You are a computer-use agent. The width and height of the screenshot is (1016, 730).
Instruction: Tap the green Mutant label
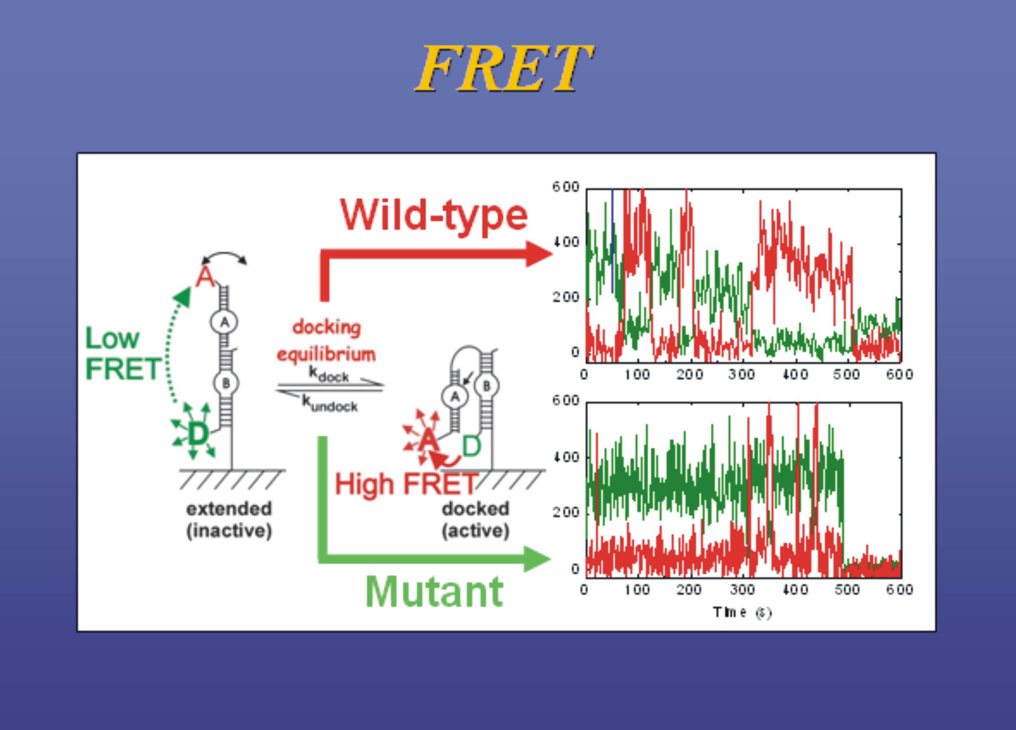click(434, 592)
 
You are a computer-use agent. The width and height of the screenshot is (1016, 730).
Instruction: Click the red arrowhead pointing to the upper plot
click(539, 254)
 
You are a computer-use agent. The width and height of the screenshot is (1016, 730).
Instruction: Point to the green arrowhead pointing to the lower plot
click(537, 559)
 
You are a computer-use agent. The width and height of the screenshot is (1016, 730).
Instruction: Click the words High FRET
click(406, 484)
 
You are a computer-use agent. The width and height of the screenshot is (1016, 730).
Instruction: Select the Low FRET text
click(122, 353)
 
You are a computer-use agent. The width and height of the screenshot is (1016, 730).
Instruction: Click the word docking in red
click(326, 327)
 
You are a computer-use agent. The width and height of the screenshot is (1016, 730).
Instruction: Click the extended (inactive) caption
click(229, 520)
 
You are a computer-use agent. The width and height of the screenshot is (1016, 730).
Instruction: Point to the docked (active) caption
click(475, 520)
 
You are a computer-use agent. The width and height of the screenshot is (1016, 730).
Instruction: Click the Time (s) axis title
click(742, 612)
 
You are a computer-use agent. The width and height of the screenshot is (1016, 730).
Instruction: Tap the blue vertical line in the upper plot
click(612, 241)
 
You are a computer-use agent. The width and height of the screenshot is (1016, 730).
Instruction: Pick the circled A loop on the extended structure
click(224, 322)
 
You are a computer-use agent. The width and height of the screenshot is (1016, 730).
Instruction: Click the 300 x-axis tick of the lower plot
click(742, 589)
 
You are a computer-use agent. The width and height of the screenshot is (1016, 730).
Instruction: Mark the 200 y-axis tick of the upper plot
click(566, 297)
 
